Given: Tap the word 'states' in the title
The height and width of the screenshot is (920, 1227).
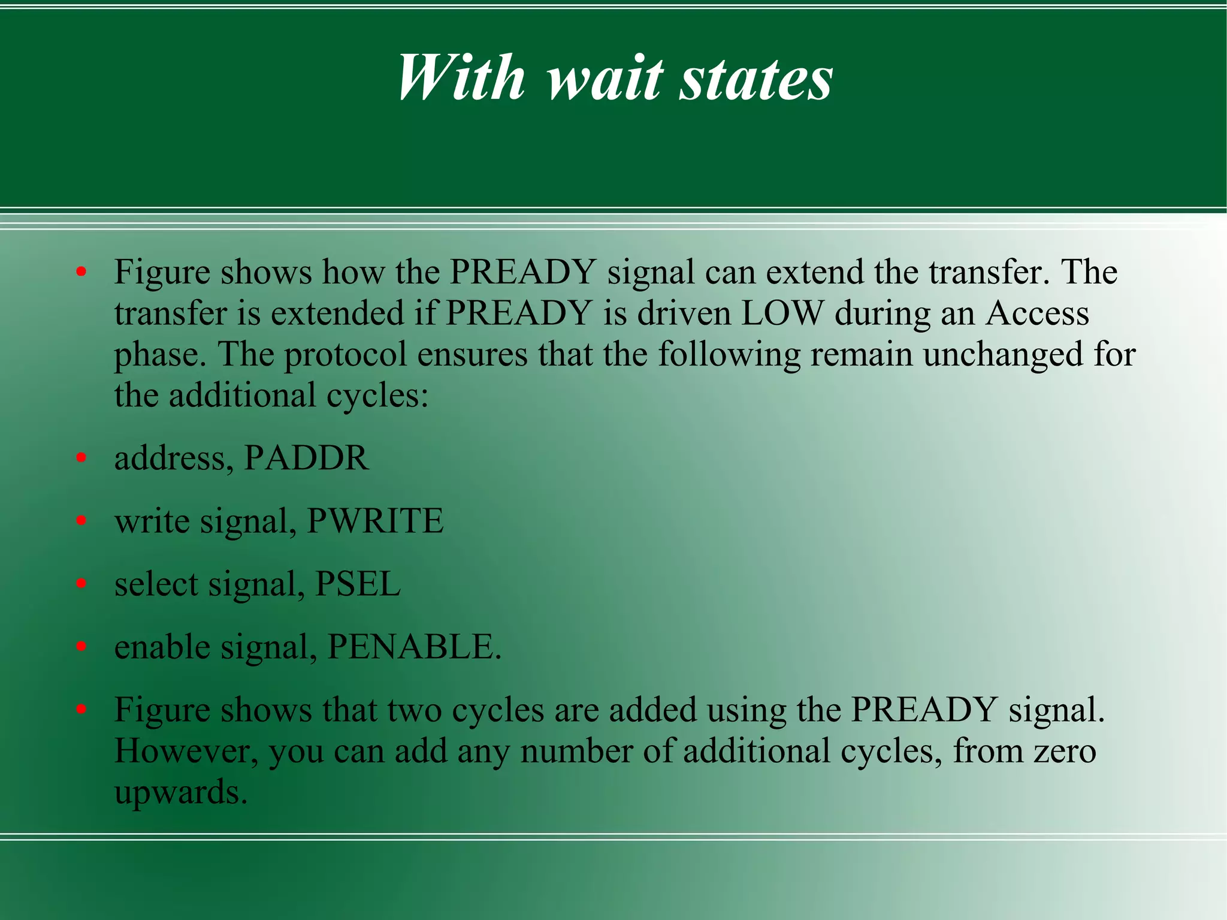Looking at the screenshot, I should [755, 79].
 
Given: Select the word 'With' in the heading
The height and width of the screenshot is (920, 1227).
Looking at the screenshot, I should [461, 79].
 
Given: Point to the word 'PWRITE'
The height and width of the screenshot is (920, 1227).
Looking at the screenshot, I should [375, 521].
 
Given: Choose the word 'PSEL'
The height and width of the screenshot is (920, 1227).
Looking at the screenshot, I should [358, 584].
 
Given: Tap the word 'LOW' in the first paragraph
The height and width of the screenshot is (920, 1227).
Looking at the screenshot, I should [782, 313].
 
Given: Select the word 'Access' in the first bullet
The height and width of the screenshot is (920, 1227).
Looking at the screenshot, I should [1037, 313].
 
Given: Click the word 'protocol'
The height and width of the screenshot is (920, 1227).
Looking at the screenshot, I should [345, 355].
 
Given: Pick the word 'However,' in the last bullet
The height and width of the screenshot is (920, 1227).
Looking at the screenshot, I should [186, 752].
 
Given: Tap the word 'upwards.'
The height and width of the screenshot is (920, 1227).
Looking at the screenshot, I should [181, 793].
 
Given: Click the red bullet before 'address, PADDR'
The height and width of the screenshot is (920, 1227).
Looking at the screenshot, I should [81, 459].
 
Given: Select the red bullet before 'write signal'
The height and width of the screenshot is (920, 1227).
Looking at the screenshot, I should [81, 521].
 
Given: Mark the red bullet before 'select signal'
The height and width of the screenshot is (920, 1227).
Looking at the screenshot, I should [81, 584].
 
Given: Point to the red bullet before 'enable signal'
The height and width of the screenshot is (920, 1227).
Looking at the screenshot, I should [81, 647].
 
